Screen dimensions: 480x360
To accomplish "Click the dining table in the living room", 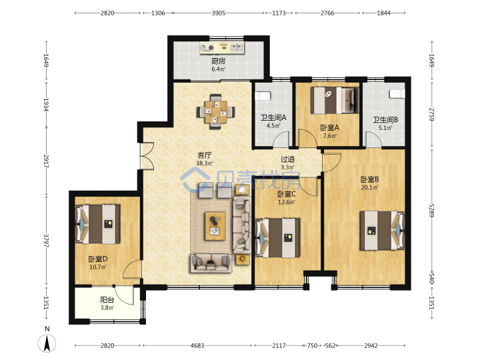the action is [216, 112].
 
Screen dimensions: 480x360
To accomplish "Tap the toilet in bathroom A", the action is [263, 96].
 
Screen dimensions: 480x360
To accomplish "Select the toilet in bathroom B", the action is [397, 94].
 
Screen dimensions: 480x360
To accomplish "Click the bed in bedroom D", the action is [98, 224].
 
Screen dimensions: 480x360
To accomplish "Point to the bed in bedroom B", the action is [383, 231].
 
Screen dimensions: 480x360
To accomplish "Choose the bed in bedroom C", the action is [277, 237].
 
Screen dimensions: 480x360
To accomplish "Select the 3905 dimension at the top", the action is [219, 13].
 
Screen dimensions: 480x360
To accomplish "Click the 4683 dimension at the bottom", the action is [197, 345].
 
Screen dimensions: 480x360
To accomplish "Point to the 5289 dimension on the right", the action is [431, 210].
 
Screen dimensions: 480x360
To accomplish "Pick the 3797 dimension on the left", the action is [46, 241].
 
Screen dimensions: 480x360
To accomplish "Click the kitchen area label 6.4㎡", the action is [218, 69].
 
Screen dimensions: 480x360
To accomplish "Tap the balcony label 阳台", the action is [107, 300].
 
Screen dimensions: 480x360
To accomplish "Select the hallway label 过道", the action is [288, 159].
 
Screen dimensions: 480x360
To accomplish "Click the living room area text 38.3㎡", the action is [205, 163].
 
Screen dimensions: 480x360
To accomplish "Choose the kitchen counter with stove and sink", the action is [222, 48].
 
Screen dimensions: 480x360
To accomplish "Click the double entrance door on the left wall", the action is [147, 155].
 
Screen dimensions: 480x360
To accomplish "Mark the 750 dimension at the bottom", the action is [312, 345].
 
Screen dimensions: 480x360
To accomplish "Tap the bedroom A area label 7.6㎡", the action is [330, 135].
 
